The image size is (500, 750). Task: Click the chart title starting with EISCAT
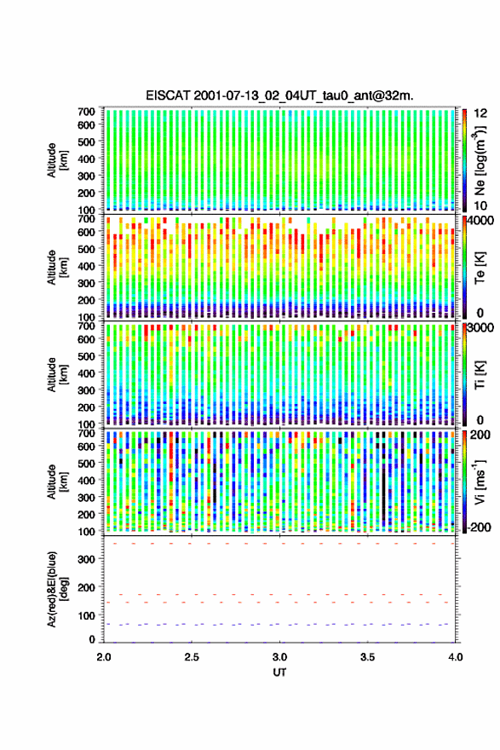point(279,95)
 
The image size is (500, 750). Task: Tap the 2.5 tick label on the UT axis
point(192,657)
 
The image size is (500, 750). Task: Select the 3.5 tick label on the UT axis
point(368,657)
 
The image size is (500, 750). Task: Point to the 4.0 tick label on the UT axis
point(456,657)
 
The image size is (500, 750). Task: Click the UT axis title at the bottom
point(279,672)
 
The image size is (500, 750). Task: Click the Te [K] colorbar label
point(480,268)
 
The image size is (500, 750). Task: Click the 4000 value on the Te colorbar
point(481,221)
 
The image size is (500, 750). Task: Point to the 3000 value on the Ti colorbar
point(481,328)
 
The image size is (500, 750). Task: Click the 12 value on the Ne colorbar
point(481,113)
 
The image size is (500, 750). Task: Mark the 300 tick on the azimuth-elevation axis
point(87,559)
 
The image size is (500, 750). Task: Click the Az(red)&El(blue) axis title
point(57,589)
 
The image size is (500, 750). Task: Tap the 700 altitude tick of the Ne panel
point(87,112)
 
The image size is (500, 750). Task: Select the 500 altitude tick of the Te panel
point(87,249)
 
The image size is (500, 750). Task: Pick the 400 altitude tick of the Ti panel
point(87,373)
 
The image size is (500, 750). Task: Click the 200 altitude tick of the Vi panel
point(87,514)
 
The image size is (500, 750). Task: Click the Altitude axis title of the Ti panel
point(57,374)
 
